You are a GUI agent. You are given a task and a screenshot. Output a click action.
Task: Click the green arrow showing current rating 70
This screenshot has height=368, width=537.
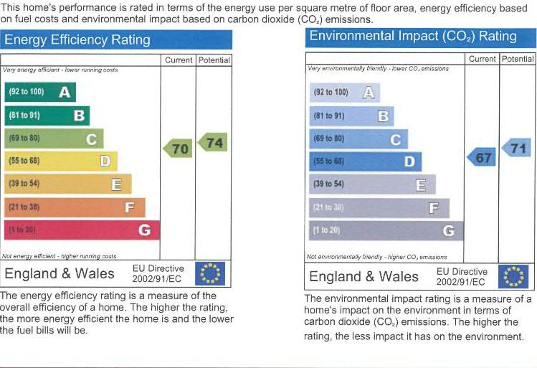coord(177,148)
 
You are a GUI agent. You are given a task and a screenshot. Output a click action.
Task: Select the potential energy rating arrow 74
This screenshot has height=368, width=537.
coord(213,143)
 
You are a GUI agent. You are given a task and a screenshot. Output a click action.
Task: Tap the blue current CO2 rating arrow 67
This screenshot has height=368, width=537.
coord(482,157)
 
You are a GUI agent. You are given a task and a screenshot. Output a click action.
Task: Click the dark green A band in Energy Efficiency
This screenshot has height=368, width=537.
coord(39,92)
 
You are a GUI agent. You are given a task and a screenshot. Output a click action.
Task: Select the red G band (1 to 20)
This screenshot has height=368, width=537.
coord(81,230)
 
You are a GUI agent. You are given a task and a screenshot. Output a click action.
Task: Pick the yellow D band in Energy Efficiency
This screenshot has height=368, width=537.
coord(60,161)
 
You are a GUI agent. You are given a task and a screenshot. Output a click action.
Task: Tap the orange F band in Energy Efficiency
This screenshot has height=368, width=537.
coord(74,207)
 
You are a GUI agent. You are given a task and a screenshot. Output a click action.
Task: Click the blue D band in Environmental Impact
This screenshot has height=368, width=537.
coord(365,161)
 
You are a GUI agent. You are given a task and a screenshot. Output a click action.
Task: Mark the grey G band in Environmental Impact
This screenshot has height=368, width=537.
coord(386,230)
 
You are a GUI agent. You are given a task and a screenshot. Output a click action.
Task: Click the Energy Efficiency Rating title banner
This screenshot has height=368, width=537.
coord(117,39)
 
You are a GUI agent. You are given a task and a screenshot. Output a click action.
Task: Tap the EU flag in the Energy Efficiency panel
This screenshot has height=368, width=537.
coord(210,273)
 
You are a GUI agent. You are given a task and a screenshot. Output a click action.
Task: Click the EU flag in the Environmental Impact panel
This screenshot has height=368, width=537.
coord(513,276)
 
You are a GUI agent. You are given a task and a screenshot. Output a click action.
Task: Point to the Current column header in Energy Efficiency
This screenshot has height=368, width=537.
coord(179,60)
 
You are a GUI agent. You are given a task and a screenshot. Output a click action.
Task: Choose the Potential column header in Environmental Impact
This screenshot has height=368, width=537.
coord(518,59)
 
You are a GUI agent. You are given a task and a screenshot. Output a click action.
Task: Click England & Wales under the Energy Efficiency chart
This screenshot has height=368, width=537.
coord(60,273)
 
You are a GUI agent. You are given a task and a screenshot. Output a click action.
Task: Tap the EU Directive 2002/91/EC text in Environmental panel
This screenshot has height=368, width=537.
coord(462,276)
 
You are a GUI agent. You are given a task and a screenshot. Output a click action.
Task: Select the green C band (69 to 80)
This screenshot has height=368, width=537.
coord(54,138)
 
